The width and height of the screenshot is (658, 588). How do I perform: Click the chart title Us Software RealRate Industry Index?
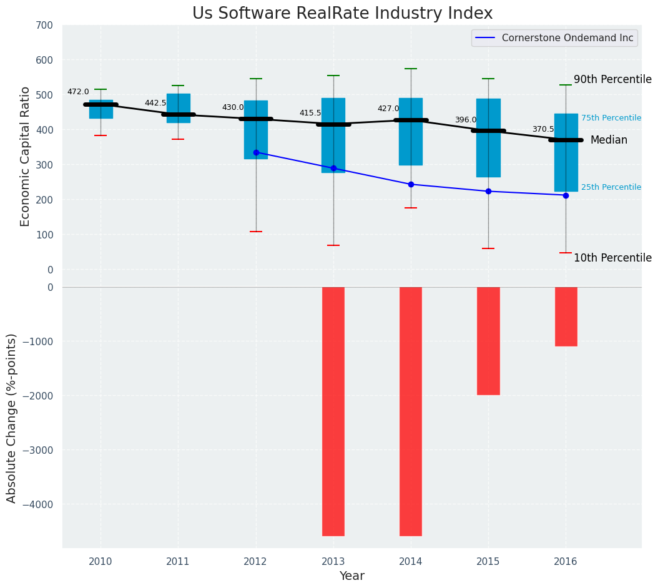(x=342, y=14)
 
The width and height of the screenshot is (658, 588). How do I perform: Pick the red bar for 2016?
(x=566, y=316)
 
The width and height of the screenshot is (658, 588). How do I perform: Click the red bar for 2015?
(x=488, y=341)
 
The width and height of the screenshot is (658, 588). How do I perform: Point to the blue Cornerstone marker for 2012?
(x=256, y=152)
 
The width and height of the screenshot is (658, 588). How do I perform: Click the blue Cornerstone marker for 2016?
(x=566, y=195)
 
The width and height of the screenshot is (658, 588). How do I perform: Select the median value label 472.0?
(x=78, y=92)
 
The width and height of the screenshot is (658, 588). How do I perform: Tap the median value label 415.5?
(x=310, y=113)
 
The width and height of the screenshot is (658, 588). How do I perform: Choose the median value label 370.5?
(x=543, y=129)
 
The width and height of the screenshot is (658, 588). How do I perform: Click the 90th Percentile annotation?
(x=612, y=79)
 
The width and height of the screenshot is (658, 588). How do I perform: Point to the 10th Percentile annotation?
(x=612, y=258)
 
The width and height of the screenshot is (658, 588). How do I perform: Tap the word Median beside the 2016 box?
(x=609, y=140)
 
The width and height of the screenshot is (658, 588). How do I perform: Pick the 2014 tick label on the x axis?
(x=411, y=562)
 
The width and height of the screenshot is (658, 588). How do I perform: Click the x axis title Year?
(x=351, y=576)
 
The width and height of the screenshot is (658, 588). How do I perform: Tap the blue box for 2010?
(x=101, y=109)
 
